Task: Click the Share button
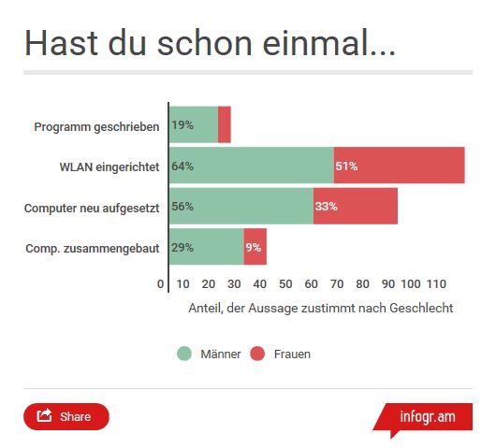point(66,416)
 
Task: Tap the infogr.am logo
point(424,417)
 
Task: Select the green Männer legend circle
point(184,354)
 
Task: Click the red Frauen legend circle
point(257,354)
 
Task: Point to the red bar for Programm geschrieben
point(225,124)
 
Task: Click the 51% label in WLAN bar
point(346,166)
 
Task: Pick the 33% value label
point(326,207)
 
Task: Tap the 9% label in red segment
point(254,247)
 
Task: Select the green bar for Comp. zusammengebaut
point(207,247)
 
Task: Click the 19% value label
point(182,125)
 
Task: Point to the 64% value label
point(182,166)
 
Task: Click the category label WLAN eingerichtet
point(109,166)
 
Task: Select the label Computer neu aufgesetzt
point(92,208)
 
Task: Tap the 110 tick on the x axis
point(436,284)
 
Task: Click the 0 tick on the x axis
point(160,284)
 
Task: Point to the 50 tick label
point(285,284)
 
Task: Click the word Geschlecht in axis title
point(421,308)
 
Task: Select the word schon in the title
point(205,43)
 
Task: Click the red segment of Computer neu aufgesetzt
point(356,206)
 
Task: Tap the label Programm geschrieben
point(96,127)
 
